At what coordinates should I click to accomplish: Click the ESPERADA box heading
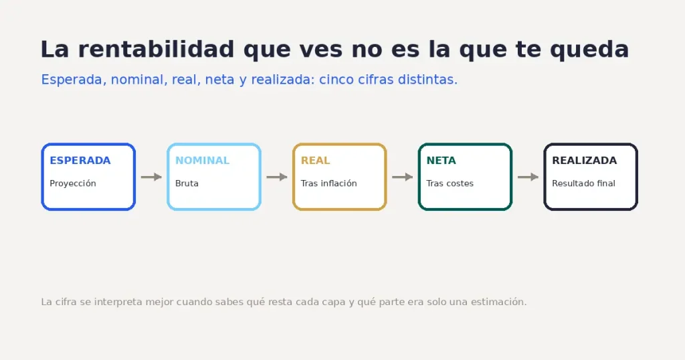(x=80, y=161)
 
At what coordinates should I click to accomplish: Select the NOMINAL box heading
(x=202, y=161)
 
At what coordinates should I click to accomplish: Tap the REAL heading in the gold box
(x=316, y=161)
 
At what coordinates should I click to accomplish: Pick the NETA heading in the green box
(x=442, y=161)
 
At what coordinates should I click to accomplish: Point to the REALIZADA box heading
(x=585, y=161)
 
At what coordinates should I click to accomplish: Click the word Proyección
(x=73, y=183)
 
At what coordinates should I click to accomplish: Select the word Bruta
(x=187, y=183)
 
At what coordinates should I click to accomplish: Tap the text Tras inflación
(x=329, y=183)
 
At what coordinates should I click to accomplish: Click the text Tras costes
(x=450, y=183)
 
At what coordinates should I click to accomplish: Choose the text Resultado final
(x=583, y=183)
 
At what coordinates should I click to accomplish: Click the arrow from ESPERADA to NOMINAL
(x=151, y=177)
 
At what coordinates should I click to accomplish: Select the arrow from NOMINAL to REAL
(x=277, y=177)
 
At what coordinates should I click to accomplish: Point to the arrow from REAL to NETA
(x=402, y=177)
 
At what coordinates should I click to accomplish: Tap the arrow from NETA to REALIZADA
(x=528, y=177)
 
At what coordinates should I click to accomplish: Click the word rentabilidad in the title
(x=156, y=49)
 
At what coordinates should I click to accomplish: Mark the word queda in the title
(x=589, y=50)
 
